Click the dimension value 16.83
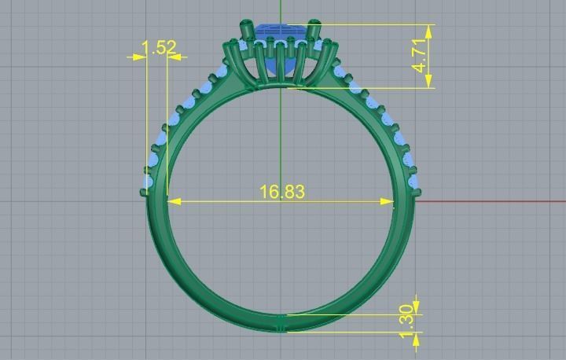click(281, 192)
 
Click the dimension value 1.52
click(160, 48)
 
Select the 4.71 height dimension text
click(422, 56)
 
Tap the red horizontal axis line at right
click(487, 200)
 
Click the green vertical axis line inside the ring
click(281, 141)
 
